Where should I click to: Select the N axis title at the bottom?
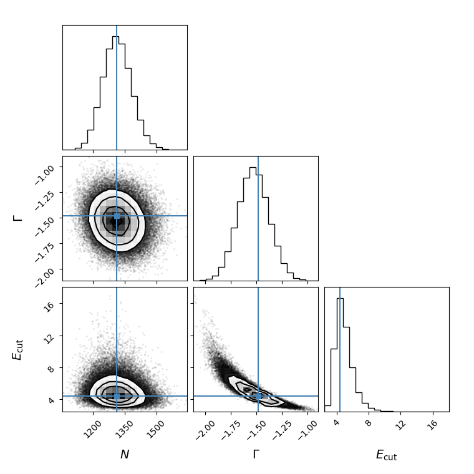pyautogui.click(x=125, y=455)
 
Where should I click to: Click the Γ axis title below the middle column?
pyautogui.click(x=256, y=455)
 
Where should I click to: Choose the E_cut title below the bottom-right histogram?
pyautogui.click(x=386, y=455)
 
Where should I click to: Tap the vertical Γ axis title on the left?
pyautogui.click(x=17, y=218)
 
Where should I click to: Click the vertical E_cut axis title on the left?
pyautogui.click(x=17, y=349)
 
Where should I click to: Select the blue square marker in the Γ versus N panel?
pyautogui.click(x=117, y=216)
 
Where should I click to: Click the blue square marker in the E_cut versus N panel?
pyautogui.click(x=117, y=396)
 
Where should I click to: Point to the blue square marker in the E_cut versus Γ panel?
pyautogui.click(x=258, y=396)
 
